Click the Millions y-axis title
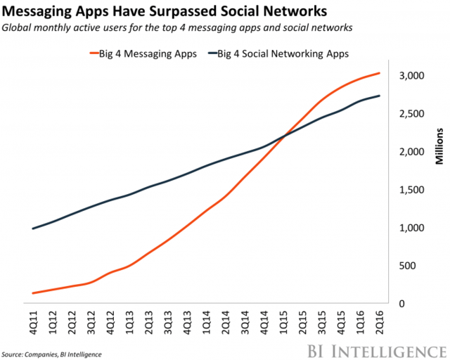tap(437, 148)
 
